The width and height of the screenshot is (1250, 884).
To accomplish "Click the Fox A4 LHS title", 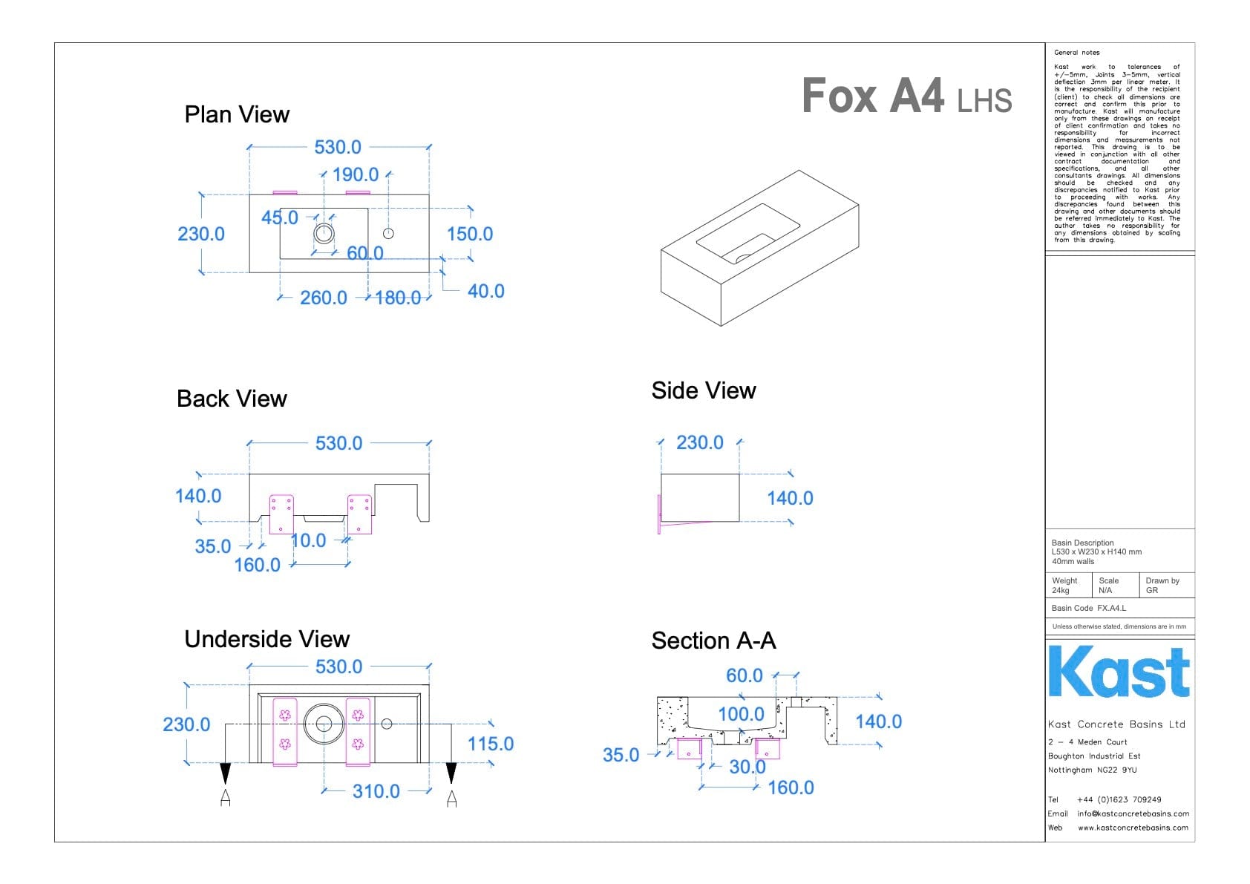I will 906,96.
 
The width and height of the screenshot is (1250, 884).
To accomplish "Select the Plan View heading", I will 237,115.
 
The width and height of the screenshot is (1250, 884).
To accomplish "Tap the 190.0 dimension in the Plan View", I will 356,175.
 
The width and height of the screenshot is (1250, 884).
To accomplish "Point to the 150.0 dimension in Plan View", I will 470,235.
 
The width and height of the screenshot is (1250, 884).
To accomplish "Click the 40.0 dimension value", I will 485,292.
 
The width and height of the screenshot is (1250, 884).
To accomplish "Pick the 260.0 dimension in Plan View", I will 324,298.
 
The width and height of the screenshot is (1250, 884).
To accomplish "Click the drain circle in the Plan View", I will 324,233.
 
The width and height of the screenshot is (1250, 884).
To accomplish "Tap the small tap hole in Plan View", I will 388,233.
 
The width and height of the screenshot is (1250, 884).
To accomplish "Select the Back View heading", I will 232,399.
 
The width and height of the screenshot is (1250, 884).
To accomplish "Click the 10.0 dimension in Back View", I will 309,541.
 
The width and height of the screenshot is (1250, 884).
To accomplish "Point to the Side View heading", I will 704,391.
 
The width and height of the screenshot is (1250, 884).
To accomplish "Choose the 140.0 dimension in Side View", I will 790,499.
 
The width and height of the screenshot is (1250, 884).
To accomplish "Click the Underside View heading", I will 266,640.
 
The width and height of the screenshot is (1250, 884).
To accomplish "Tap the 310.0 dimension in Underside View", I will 376,792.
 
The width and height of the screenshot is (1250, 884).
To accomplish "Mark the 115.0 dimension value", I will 491,744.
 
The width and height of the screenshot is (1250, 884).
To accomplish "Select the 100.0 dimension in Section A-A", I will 741,715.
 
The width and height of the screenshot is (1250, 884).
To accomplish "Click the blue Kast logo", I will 1119,672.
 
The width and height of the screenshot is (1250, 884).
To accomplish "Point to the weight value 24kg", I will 1061,591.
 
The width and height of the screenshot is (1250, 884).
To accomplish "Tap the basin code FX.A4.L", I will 1111,609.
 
